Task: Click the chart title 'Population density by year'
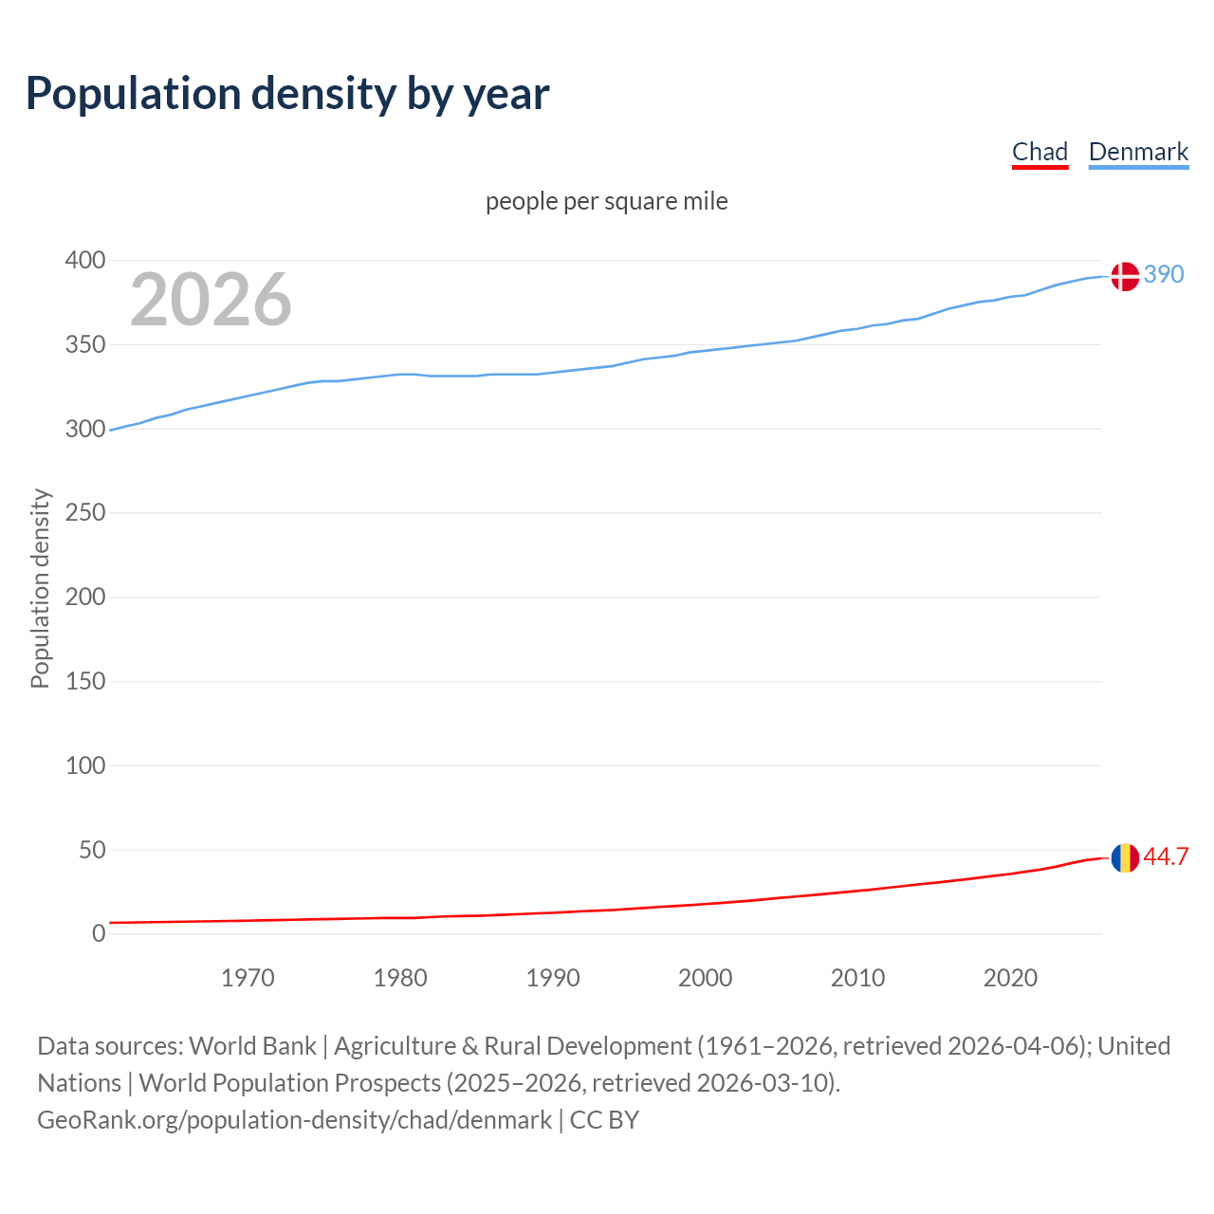point(287,94)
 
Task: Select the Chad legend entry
point(1039,152)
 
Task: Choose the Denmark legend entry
point(1138,152)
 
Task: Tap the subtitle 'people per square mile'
point(607,201)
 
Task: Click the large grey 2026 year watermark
point(211,300)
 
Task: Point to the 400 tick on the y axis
point(85,260)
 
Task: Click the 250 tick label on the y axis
point(85,513)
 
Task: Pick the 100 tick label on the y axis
point(85,765)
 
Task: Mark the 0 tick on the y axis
point(99,934)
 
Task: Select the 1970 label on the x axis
point(248,978)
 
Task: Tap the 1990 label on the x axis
point(553,978)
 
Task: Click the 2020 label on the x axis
point(1010,978)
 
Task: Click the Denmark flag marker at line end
point(1125,276)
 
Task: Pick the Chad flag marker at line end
point(1125,857)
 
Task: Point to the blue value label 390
point(1164,274)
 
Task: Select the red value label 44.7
point(1166,856)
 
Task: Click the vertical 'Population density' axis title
point(40,588)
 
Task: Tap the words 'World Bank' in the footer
point(252,1046)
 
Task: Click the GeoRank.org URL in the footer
point(294,1120)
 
